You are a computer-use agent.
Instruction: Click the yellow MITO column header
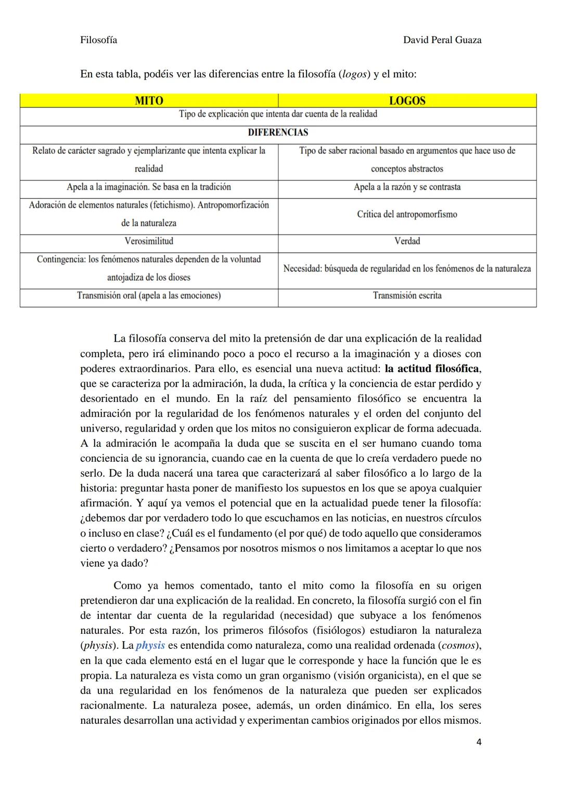[x=149, y=101]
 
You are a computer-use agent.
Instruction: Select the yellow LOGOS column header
[x=407, y=101]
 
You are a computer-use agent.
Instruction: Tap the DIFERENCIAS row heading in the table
[x=278, y=133]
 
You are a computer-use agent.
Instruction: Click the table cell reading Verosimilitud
[x=149, y=241]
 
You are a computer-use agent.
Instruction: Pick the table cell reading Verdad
[x=407, y=241]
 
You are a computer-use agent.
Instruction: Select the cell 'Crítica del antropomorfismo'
[x=407, y=214]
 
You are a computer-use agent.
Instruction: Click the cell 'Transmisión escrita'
[x=407, y=296]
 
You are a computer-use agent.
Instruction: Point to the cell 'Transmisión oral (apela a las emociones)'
[x=149, y=296]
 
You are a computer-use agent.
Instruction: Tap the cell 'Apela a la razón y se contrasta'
[x=407, y=187]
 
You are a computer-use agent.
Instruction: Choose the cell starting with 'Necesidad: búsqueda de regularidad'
[x=407, y=269]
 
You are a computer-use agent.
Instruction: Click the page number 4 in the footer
[x=479, y=742]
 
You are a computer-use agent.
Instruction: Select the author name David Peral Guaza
[x=442, y=40]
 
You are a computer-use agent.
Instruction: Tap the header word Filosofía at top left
[x=98, y=40]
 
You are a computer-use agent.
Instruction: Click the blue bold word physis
[x=150, y=645]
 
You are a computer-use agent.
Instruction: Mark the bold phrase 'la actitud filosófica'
[x=431, y=369]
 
